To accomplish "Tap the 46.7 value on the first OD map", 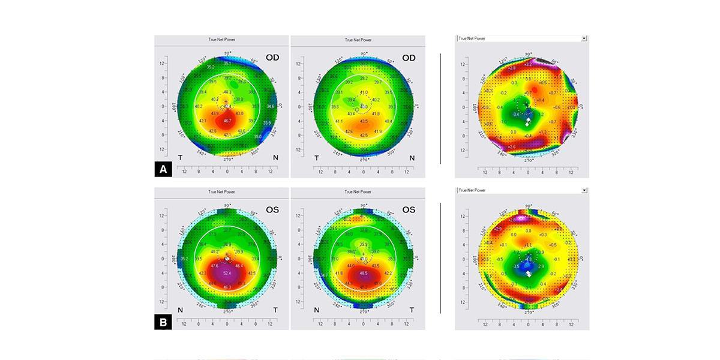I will tap(227, 121).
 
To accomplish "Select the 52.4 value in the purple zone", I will tap(227, 274).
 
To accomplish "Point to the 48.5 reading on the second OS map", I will tap(363, 274).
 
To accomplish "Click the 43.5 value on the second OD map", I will tap(363, 121).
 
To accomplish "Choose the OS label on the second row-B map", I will tap(409, 210).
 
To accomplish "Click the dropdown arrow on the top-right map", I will tap(584, 38).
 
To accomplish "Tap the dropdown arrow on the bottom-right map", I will tap(584, 190).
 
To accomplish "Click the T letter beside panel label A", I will tap(181, 157).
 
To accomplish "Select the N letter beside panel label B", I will tap(181, 310).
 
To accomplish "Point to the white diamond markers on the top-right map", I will tap(528, 122).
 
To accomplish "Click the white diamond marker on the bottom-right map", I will tap(529, 273).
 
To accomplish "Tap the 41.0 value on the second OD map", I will tap(363, 92).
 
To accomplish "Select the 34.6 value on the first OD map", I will tap(271, 106).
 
